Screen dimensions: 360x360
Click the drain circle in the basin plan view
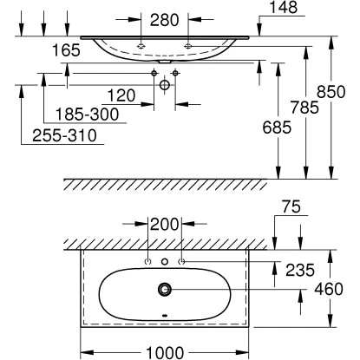point(164,290)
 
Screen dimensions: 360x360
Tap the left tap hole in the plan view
point(147,261)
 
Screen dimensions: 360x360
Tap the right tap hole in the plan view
point(180,261)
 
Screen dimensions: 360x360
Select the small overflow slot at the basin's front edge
point(164,316)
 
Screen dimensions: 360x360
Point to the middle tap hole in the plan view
point(164,261)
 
